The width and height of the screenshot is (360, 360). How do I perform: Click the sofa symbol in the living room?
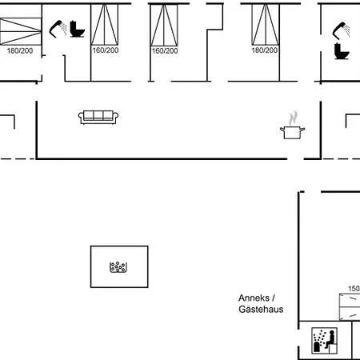pyautogui.click(x=98, y=118)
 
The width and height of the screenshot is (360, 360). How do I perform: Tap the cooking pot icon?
pyautogui.click(x=292, y=133)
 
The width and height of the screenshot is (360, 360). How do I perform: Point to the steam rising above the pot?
pyautogui.click(x=293, y=118)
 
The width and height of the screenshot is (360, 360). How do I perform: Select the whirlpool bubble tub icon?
pyautogui.click(x=118, y=267)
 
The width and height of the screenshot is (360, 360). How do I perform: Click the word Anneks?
pyautogui.click(x=254, y=298)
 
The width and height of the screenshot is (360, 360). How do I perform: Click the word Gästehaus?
pyautogui.click(x=261, y=310)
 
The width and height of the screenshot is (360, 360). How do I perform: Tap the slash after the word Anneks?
pyautogui.click(x=274, y=298)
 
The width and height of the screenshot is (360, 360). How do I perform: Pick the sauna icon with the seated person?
pyautogui.click(x=324, y=341)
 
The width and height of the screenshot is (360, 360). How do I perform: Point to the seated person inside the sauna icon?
pyautogui.click(x=330, y=339)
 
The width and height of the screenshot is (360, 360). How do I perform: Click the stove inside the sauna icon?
pyautogui.click(x=317, y=346)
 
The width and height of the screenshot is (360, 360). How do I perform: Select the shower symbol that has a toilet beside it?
pyautogui.click(x=58, y=29)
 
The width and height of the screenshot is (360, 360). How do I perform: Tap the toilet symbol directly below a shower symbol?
pyautogui.click(x=342, y=51)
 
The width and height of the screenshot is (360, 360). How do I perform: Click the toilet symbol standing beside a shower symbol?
pyautogui.click(x=77, y=29)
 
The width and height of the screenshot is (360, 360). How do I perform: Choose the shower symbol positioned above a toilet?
pyautogui.click(x=342, y=30)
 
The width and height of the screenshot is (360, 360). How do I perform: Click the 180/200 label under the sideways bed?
pyautogui.click(x=20, y=50)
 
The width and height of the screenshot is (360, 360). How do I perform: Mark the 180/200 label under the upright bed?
pyautogui.click(x=265, y=50)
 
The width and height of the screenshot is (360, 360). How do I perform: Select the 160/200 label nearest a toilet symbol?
pyautogui.click(x=106, y=50)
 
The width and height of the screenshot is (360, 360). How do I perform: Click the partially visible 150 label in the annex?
pyautogui.click(x=354, y=289)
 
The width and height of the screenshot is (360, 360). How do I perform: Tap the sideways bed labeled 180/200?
pyautogui.click(x=21, y=31)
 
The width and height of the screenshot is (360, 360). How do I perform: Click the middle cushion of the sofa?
pyautogui.click(x=98, y=115)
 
